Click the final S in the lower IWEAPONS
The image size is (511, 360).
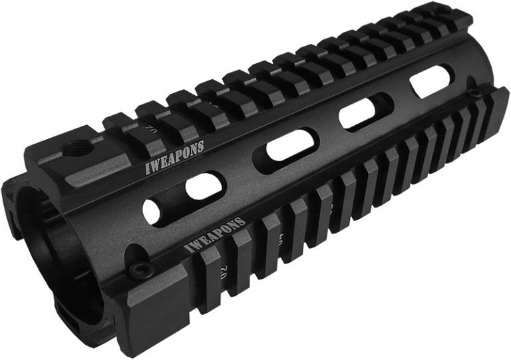coord(242,220)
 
